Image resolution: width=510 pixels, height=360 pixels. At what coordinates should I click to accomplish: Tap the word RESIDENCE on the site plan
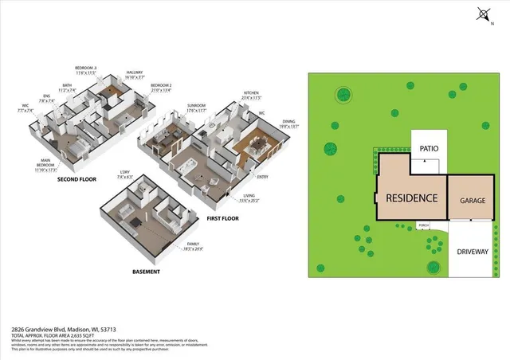411,198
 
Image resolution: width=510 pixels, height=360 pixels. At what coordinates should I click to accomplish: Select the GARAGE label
468,202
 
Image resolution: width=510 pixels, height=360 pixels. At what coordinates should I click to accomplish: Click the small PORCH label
424,225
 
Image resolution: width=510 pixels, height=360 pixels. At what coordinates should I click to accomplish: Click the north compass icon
483,14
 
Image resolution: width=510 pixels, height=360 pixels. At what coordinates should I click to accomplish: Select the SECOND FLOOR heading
76,179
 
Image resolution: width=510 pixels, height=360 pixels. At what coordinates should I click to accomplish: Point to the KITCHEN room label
252,93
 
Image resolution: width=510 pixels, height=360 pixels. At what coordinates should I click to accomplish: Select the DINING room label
288,122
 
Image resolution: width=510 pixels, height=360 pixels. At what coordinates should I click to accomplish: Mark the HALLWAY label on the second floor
134,72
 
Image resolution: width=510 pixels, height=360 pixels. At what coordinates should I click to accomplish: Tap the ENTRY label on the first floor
262,178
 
